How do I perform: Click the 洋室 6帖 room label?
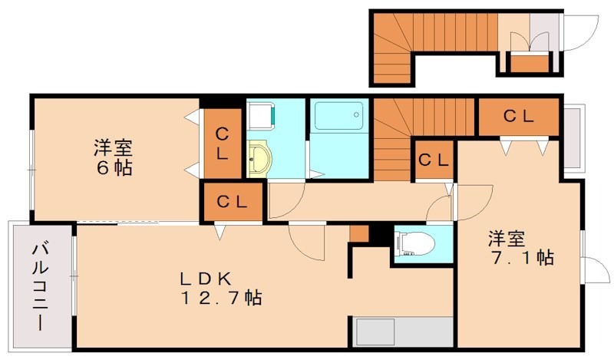click(x=113, y=157)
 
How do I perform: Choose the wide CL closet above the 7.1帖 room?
click(x=518, y=117)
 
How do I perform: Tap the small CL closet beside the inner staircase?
click(x=434, y=160)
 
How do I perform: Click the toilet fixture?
click(x=414, y=244)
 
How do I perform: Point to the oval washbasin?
click(x=259, y=160)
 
